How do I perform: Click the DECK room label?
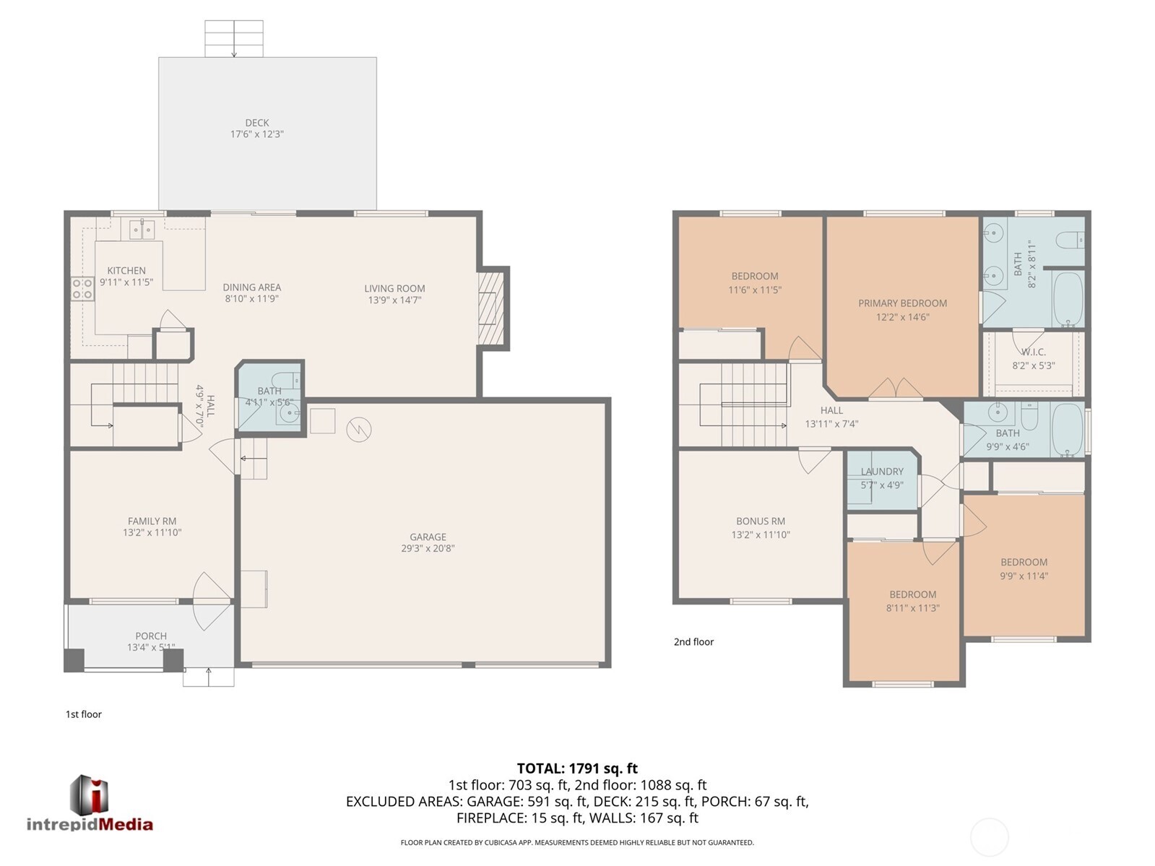pyautogui.click(x=256, y=123)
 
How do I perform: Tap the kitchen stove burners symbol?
pyautogui.click(x=82, y=289)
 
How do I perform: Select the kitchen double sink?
pyautogui.click(x=142, y=230)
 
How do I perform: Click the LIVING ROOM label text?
pyautogui.click(x=394, y=288)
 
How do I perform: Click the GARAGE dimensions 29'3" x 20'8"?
pyautogui.click(x=428, y=548)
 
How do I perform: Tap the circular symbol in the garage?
pyautogui.click(x=359, y=430)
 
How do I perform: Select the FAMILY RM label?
pyautogui.click(x=152, y=521)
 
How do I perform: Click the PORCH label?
pyautogui.click(x=151, y=636)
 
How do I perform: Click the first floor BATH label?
pyautogui.click(x=269, y=391)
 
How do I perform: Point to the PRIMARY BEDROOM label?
pyautogui.click(x=902, y=303)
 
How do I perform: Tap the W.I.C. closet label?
pyautogui.click(x=1034, y=352)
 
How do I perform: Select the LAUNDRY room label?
pyautogui.click(x=882, y=472)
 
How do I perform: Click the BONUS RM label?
pyautogui.click(x=761, y=521)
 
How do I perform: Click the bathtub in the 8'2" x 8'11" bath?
pyautogui.click(x=1066, y=299)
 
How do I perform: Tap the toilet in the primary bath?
pyautogui.click(x=1070, y=238)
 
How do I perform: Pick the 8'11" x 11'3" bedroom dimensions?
pyautogui.click(x=913, y=608)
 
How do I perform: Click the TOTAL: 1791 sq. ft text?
pyautogui.click(x=577, y=768)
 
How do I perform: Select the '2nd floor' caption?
pyautogui.click(x=693, y=641)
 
